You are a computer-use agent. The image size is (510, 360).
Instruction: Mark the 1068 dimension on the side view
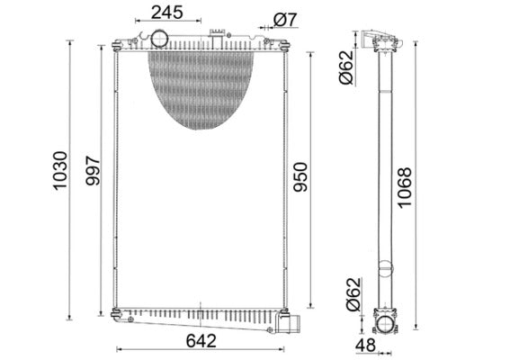click(x=430, y=186)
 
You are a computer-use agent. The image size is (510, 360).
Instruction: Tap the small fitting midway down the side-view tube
click(x=385, y=268)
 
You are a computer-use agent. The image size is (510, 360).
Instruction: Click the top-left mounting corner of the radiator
click(x=117, y=44)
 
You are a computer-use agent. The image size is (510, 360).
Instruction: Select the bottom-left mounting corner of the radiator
click(x=117, y=313)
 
